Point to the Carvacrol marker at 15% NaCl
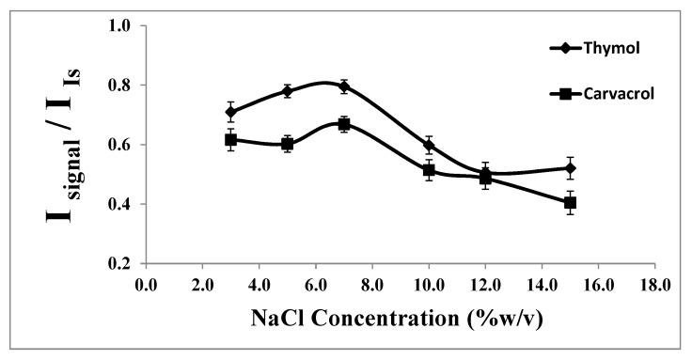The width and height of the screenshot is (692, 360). click(570, 202)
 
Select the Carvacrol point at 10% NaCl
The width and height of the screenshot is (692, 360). click(429, 170)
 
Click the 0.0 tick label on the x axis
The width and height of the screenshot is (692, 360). click(146, 283)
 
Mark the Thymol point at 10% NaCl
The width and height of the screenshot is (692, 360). click(429, 146)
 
